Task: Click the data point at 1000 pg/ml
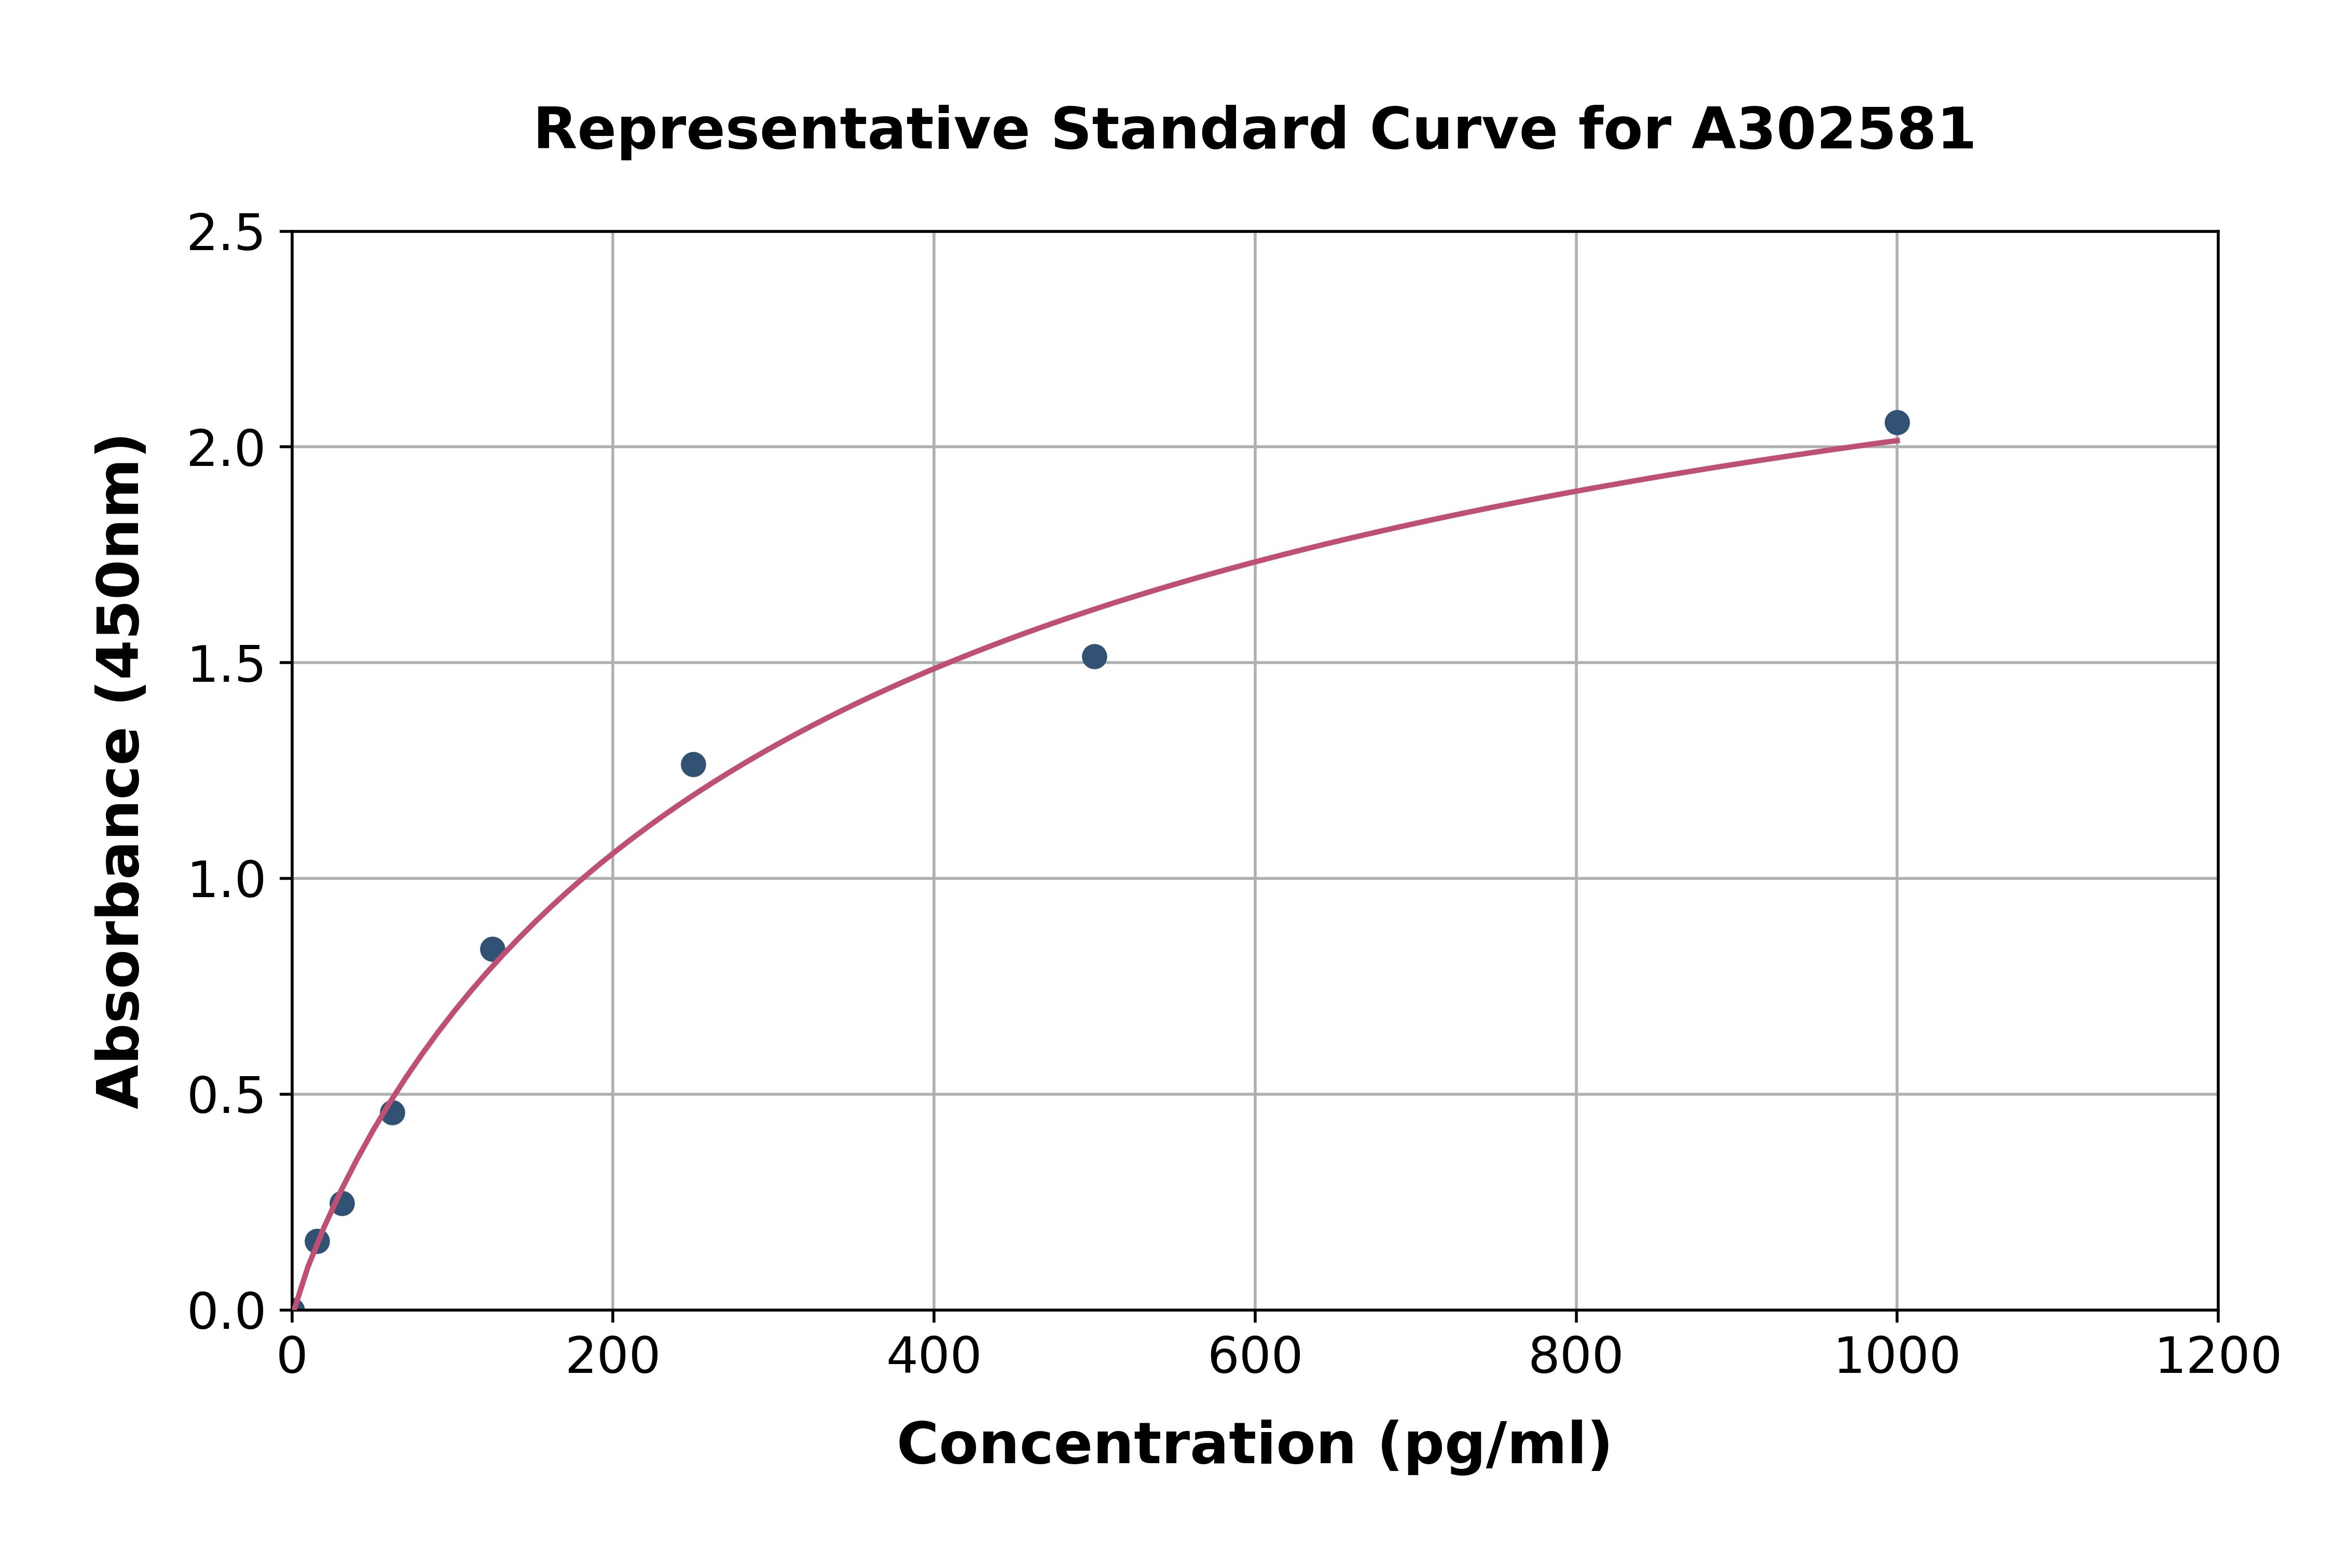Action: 1897,422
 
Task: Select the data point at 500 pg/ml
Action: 1094,656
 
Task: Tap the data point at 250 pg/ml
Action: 693,765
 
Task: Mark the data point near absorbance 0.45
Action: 392,1112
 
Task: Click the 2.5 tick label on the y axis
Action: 226,234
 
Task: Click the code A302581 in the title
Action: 1833,130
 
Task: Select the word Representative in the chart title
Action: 781,130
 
